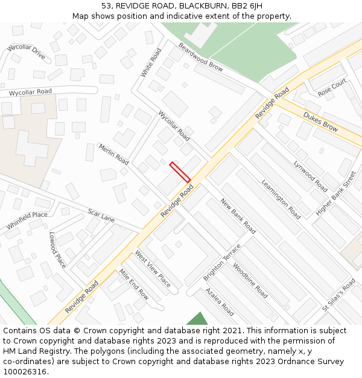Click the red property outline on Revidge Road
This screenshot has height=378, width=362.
click(180, 172)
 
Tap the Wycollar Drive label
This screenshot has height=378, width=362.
click(26, 52)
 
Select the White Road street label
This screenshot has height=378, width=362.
click(151, 62)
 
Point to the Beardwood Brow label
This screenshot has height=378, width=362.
click(200, 57)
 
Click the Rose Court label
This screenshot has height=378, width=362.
click(332, 88)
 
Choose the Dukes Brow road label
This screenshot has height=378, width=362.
click(320, 121)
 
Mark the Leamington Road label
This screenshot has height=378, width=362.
click(281, 199)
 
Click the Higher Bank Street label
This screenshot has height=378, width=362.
click(336, 193)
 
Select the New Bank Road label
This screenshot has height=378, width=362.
click(238, 216)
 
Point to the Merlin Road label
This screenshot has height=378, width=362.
click(113, 154)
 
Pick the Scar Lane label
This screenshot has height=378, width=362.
click(101, 215)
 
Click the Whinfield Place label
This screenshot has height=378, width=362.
click(27, 220)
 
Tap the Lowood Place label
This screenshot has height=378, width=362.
click(57, 250)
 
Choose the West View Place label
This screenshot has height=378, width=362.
click(152, 269)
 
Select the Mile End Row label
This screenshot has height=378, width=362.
click(134, 284)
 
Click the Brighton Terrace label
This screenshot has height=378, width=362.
click(222, 262)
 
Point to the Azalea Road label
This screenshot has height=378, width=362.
click(220, 301)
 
